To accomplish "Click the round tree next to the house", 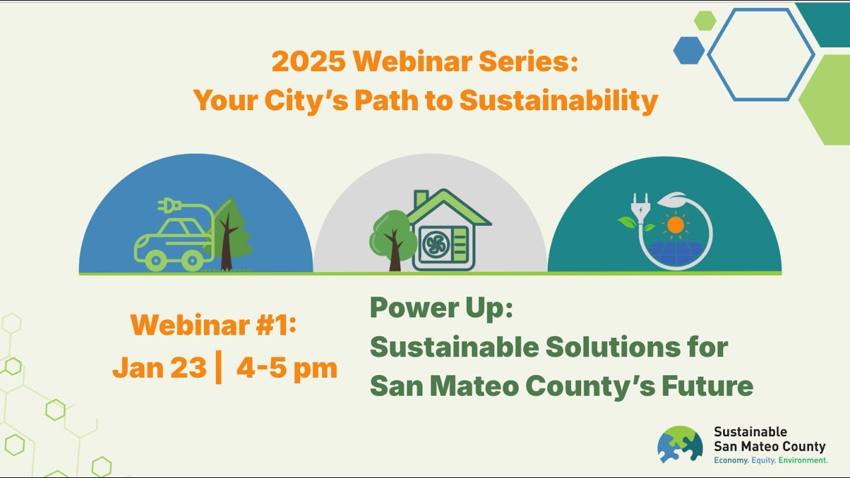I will (392, 236).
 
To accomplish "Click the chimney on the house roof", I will (420, 199).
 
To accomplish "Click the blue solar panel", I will (675, 251).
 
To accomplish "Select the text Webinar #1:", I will (213, 325).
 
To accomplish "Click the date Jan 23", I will (159, 367).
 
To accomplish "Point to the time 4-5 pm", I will (286, 367).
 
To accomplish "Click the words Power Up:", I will (441, 308).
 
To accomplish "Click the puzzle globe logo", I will (680, 444).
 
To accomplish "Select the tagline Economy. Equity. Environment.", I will (770, 460).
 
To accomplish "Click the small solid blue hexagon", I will (689, 50).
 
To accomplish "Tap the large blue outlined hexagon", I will (760, 54).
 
